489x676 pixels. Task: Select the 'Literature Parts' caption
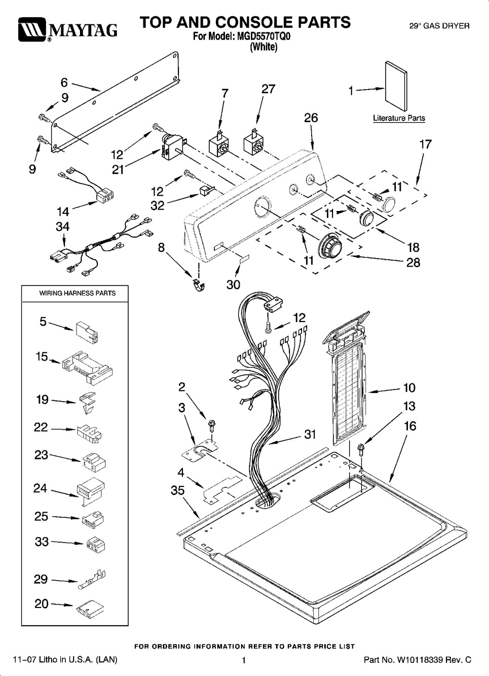pos(399,118)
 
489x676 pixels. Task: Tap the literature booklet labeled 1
pos(396,86)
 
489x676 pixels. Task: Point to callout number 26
pos(311,118)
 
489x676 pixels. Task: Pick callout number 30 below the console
pos(233,284)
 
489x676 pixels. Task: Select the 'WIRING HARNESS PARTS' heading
pos(78,293)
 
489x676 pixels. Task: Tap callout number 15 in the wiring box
pos(42,357)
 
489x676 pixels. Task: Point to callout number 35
pos(177,490)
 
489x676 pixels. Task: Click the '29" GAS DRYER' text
pos(439,25)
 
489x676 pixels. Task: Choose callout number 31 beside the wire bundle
pos(310,434)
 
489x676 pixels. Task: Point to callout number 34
pos(62,226)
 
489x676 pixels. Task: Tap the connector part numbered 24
pos(91,490)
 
